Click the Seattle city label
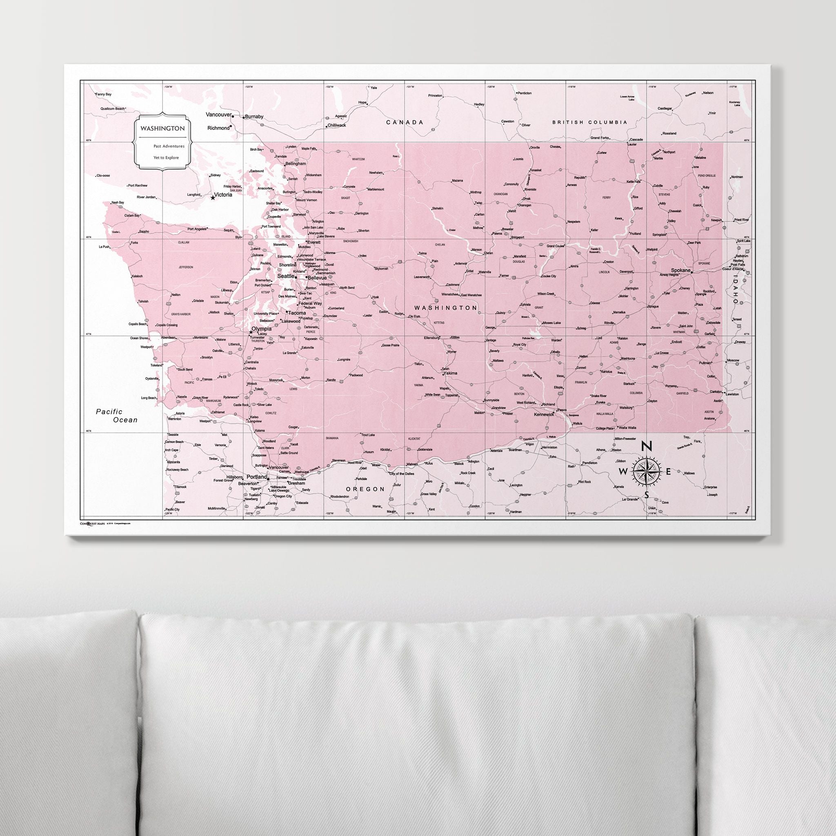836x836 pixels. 286,276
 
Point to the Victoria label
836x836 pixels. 223,195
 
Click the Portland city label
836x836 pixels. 257,477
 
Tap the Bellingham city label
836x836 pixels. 295,164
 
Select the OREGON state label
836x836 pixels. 365,489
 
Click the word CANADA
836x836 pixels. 405,122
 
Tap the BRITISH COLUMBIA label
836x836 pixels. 589,122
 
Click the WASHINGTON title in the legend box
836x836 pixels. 162,129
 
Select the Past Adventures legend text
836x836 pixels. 168,146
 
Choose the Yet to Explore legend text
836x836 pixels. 166,158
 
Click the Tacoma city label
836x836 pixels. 297,313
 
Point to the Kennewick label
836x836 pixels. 545,414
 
